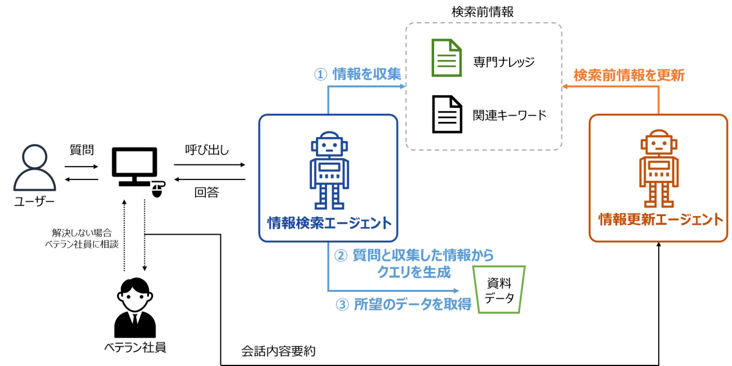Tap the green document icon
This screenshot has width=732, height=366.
click(x=446, y=58)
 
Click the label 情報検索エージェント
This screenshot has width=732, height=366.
click(x=329, y=223)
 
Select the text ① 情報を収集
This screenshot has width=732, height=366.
click(x=358, y=74)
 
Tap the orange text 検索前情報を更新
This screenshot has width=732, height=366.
click(x=629, y=75)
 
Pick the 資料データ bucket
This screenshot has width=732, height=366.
click(x=500, y=289)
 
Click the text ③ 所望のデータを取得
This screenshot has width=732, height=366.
click(x=404, y=304)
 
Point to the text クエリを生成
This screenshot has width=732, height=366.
click(x=414, y=271)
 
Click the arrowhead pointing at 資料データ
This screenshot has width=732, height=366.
click(x=457, y=290)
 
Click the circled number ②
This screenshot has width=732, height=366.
click(x=340, y=255)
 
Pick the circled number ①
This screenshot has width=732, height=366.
click(x=321, y=74)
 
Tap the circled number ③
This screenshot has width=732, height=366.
click(x=343, y=305)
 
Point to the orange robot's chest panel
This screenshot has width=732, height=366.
click(x=659, y=168)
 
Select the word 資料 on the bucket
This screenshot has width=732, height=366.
click(x=500, y=284)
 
